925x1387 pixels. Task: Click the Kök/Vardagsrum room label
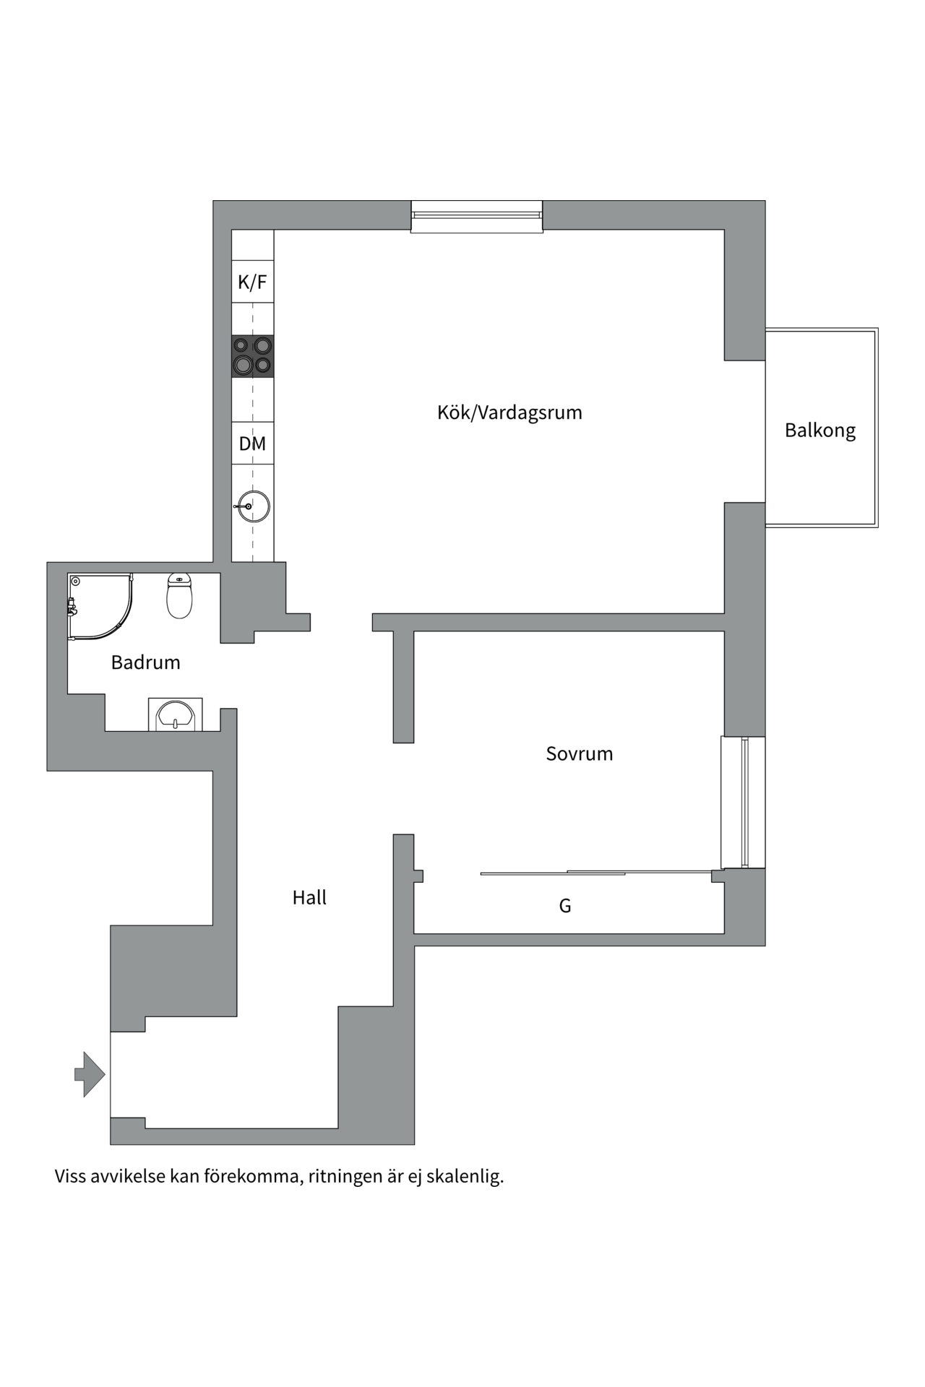pyautogui.click(x=509, y=412)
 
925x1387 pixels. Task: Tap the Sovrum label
pyautogui.click(x=579, y=753)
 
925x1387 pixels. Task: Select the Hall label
pyautogui.click(x=309, y=897)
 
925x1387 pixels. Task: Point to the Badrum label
pyautogui.click(x=145, y=662)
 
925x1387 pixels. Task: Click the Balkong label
pyautogui.click(x=820, y=430)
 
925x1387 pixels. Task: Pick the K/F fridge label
pyautogui.click(x=252, y=282)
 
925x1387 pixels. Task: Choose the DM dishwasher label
pyautogui.click(x=252, y=444)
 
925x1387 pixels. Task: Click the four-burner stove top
pyautogui.click(x=252, y=356)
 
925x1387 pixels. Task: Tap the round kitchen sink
pyautogui.click(x=254, y=506)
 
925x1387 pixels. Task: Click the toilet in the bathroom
pyautogui.click(x=179, y=596)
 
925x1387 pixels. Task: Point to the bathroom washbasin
pyautogui.click(x=175, y=714)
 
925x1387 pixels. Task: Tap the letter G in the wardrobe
pyautogui.click(x=565, y=906)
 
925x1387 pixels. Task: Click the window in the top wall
pyautogui.click(x=477, y=216)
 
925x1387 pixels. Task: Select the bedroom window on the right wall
pyautogui.click(x=743, y=802)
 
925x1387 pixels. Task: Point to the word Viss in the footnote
pyautogui.click(x=70, y=1177)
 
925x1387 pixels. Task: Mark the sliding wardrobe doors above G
pyautogui.click(x=596, y=873)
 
